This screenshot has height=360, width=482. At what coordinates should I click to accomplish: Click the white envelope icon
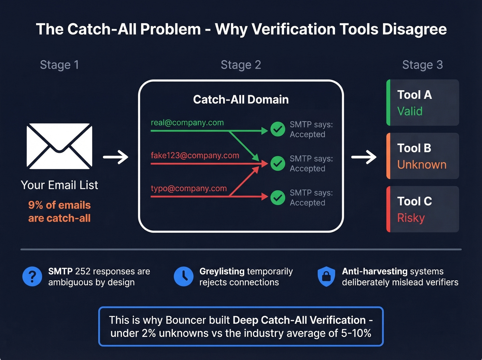click(x=60, y=146)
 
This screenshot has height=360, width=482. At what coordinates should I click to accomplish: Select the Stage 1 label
click(x=59, y=65)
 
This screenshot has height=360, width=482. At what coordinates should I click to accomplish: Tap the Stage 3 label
click(x=422, y=65)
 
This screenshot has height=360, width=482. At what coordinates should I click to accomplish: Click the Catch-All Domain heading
click(x=241, y=100)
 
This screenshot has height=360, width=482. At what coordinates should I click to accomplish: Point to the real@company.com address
click(x=187, y=123)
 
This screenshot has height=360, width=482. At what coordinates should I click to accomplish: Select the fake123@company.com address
click(x=195, y=155)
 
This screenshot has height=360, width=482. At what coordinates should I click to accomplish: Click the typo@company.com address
click(x=189, y=188)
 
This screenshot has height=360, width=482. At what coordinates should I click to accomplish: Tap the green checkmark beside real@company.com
click(x=277, y=129)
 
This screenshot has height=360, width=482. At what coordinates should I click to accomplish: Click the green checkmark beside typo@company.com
click(x=277, y=197)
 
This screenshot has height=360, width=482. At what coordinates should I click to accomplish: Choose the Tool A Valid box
click(x=423, y=103)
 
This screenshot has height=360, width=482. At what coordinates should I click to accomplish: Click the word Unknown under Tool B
click(x=422, y=165)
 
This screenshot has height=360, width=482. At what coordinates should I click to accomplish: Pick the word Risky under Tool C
click(x=411, y=218)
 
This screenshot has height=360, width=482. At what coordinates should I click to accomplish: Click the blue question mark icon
click(x=32, y=276)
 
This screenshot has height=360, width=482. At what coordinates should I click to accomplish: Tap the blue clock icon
click(x=184, y=276)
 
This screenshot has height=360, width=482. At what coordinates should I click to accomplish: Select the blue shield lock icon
click(x=326, y=276)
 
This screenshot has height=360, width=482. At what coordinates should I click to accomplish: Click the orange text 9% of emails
click(x=59, y=205)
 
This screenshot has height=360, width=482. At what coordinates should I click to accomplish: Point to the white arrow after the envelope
click(x=116, y=157)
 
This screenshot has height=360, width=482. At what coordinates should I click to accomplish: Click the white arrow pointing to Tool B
click(x=364, y=157)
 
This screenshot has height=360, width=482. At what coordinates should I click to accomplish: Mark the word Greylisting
click(x=222, y=271)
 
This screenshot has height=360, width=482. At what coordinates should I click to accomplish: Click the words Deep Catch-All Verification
click(x=299, y=320)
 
